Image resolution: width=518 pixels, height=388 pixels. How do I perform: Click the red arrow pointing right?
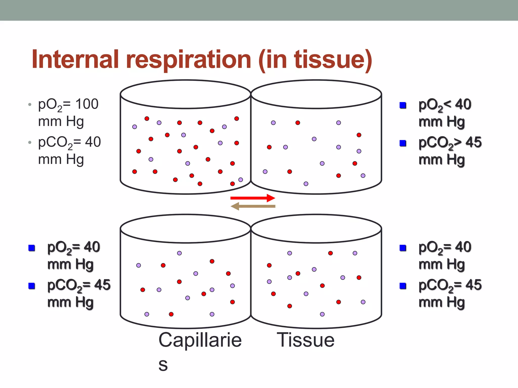point(252,198)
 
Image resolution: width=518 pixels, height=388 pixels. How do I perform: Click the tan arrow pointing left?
point(253,206)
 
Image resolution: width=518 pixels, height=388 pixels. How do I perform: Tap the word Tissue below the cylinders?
point(306,340)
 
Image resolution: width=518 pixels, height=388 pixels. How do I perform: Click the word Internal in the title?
point(75,60)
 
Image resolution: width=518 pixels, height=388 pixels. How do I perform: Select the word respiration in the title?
point(188,60)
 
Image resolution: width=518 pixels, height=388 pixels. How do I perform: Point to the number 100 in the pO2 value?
point(87,104)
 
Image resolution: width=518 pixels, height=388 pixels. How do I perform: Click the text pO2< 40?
point(445,105)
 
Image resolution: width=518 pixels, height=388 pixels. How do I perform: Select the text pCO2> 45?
point(450,143)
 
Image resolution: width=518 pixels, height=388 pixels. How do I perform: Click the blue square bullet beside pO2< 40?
point(403,105)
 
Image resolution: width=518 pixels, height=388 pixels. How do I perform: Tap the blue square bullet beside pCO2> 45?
point(403,143)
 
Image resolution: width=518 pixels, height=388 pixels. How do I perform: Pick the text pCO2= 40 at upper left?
point(70,142)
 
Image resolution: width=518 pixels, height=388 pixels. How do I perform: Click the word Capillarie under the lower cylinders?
point(200,340)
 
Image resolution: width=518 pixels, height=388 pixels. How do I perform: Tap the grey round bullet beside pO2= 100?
point(30,104)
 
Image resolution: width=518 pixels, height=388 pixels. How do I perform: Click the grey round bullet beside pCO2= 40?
point(30,142)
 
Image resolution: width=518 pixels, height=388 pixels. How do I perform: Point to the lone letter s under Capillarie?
point(163,365)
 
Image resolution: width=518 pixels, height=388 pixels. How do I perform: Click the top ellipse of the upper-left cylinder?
point(185,94)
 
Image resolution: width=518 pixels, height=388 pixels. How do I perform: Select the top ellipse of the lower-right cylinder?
point(316,229)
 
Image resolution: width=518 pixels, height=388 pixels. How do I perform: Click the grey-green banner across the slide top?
point(259,10)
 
